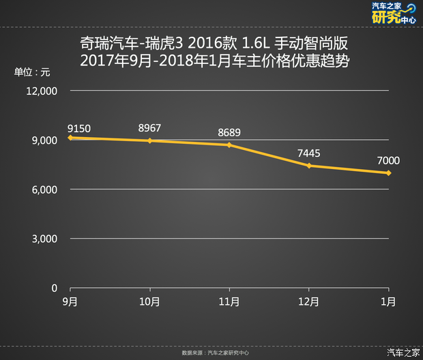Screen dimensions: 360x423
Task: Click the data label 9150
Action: click(79, 127)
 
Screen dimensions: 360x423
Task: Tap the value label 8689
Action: click(229, 132)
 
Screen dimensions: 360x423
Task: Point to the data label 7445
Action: click(308, 153)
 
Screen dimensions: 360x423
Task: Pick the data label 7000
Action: click(388, 161)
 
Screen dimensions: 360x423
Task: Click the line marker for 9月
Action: click(70, 138)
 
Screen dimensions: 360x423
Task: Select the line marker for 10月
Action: click(150, 140)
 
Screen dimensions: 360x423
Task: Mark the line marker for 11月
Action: click(229, 145)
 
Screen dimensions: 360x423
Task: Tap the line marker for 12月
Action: click(309, 166)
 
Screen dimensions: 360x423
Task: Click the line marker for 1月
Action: click(388, 173)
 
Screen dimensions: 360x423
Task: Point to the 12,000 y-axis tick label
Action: click(42, 91)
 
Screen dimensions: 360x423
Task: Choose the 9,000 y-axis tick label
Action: click(45, 140)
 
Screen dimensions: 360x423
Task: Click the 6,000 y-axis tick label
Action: click(45, 190)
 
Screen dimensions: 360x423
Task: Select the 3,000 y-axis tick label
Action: click(45, 239)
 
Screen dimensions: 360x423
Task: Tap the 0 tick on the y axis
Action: click(55, 288)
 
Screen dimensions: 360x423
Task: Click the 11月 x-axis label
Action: click(229, 301)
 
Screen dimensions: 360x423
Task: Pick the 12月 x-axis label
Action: click(309, 301)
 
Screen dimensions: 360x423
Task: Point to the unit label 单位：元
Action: click(32, 72)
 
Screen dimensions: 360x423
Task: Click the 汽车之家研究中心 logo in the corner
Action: click(394, 14)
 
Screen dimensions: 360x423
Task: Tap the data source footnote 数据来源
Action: click(215, 353)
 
